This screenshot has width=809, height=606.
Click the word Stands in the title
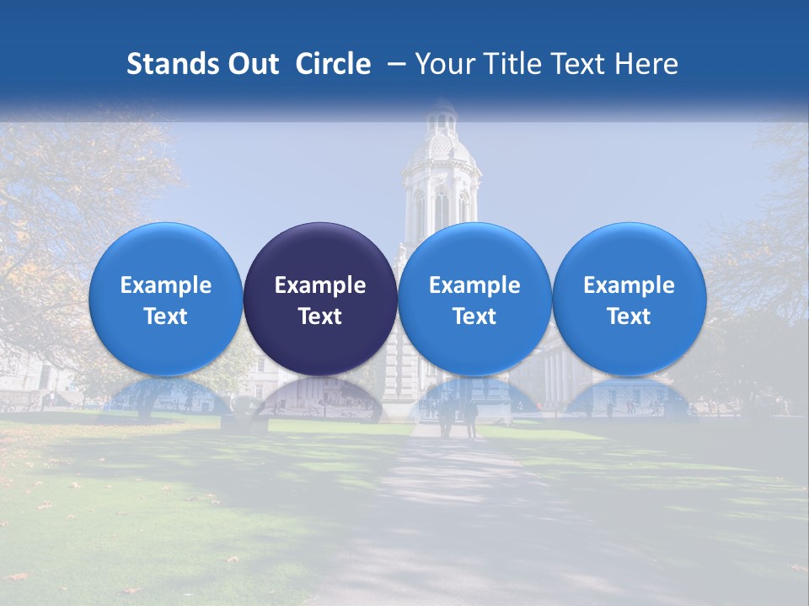pyautogui.click(x=172, y=64)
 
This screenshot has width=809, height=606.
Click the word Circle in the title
pyautogui.click(x=333, y=64)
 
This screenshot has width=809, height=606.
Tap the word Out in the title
pyautogui.click(x=252, y=64)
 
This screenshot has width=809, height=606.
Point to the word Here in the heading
pyautogui.click(x=648, y=64)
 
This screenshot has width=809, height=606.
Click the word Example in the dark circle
pyautogui.click(x=320, y=285)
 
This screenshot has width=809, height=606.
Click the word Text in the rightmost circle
pyautogui.click(x=629, y=316)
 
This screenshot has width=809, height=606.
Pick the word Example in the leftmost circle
pyautogui.click(x=166, y=285)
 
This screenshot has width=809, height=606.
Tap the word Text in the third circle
pyautogui.click(x=474, y=316)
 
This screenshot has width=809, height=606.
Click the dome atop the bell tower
pyautogui.click(x=442, y=143)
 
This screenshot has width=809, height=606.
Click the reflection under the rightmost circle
pyautogui.click(x=629, y=396)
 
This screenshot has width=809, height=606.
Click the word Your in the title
pyautogui.click(x=443, y=64)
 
